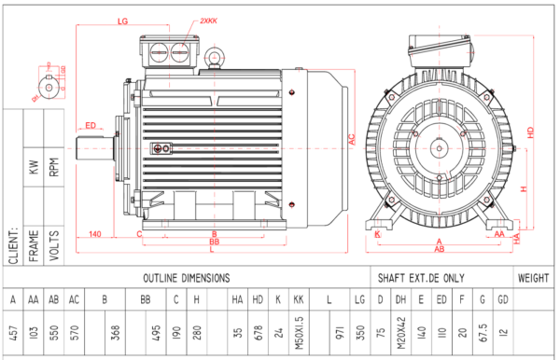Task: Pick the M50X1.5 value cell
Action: [x=297, y=332]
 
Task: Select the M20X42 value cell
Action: [x=400, y=332]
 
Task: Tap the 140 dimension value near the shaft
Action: [x=94, y=233]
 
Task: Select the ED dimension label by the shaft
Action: [x=91, y=125]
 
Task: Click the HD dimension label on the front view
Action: [x=531, y=133]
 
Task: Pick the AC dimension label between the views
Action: [x=352, y=139]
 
